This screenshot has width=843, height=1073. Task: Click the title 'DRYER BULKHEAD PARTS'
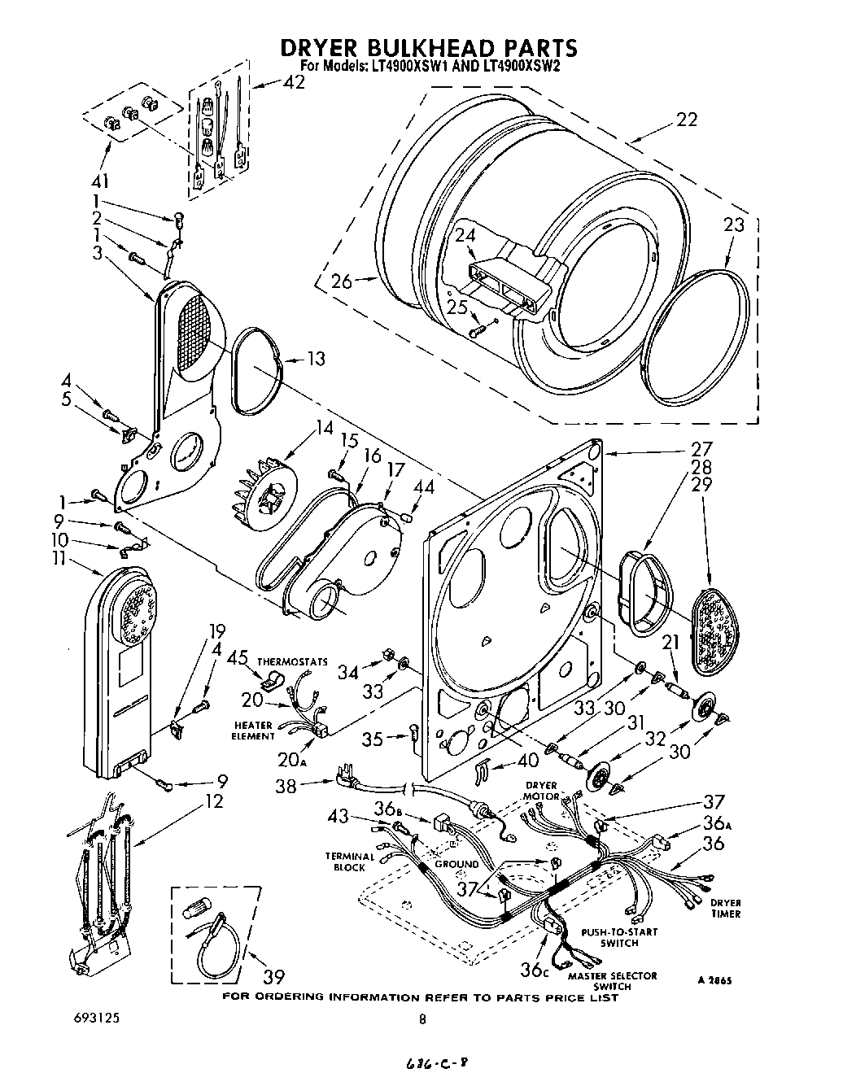pos(429,47)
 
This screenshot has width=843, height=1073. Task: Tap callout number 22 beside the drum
pos(686,120)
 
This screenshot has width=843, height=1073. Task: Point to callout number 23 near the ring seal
pos(733,225)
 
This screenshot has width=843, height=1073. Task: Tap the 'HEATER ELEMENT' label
pos(255,731)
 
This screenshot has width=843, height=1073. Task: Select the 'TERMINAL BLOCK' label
pos(350,861)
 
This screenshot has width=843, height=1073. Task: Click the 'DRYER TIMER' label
pos(725,908)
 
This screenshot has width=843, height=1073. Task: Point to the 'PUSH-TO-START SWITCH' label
pos(618,937)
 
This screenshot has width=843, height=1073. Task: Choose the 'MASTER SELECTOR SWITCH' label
pos(612,981)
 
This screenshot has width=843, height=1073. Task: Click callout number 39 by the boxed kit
pos(275,976)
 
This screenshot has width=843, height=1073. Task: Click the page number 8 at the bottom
pos(422,1019)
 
